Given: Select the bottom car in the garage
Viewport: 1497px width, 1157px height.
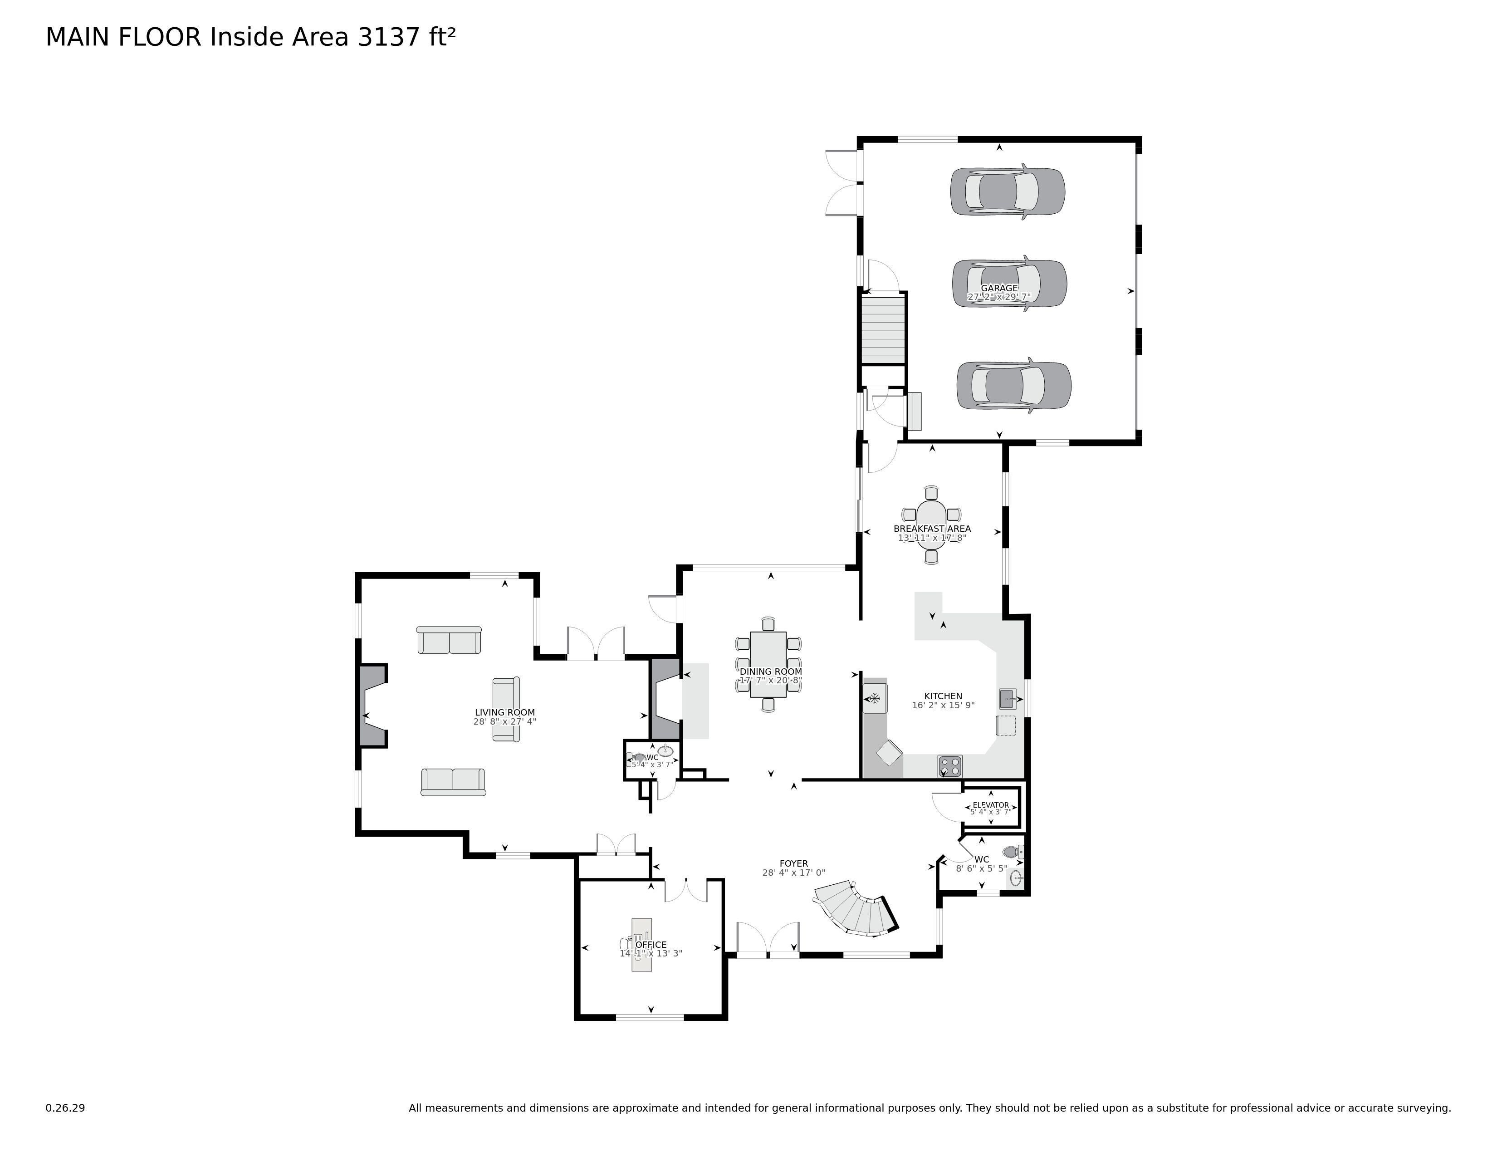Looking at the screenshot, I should pyautogui.click(x=1013, y=385).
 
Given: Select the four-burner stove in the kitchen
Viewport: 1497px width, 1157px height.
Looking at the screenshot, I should pyautogui.click(x=949, y=765).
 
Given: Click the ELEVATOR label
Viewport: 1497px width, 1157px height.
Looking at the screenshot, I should pyautogui.click(x=990, y=805).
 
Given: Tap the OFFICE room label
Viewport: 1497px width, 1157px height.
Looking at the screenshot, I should pyautogui.click(x=651, y=945).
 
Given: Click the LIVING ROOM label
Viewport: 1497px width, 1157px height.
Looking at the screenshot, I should pyautogui.click(x=504, y=713).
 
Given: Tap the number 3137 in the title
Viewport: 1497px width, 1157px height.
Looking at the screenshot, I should pyautogui.click(x=388, y=37).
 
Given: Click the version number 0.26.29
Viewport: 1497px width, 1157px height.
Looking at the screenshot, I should pyautogui.click(x=65, y=1108).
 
